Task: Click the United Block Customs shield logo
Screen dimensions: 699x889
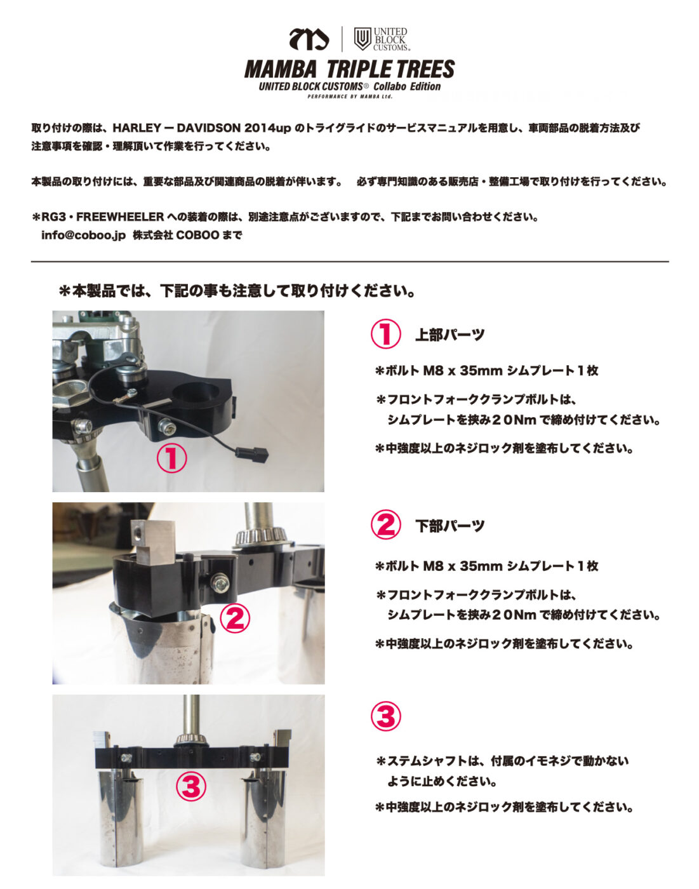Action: pos(362,39)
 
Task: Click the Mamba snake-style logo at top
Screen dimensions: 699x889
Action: pos(309,39)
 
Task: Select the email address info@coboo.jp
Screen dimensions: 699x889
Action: pos(83,235)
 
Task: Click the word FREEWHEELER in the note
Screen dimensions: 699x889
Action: pos(120,217)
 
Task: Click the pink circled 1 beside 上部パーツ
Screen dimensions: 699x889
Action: pos(385,334)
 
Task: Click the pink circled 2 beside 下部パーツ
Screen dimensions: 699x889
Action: pos(385,525)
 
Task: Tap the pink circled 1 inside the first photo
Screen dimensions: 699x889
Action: pos(171,458)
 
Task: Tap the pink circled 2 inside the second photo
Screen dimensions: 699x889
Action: pos(234,618)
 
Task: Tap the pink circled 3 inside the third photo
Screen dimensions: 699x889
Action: pos(191,786)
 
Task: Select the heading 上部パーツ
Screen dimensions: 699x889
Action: pos(450,335)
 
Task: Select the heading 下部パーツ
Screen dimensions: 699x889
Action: pos(450,526)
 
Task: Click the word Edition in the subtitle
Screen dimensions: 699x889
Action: pos(425,87)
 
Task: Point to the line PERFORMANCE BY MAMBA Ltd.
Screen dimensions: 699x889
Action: pos(350,97)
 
